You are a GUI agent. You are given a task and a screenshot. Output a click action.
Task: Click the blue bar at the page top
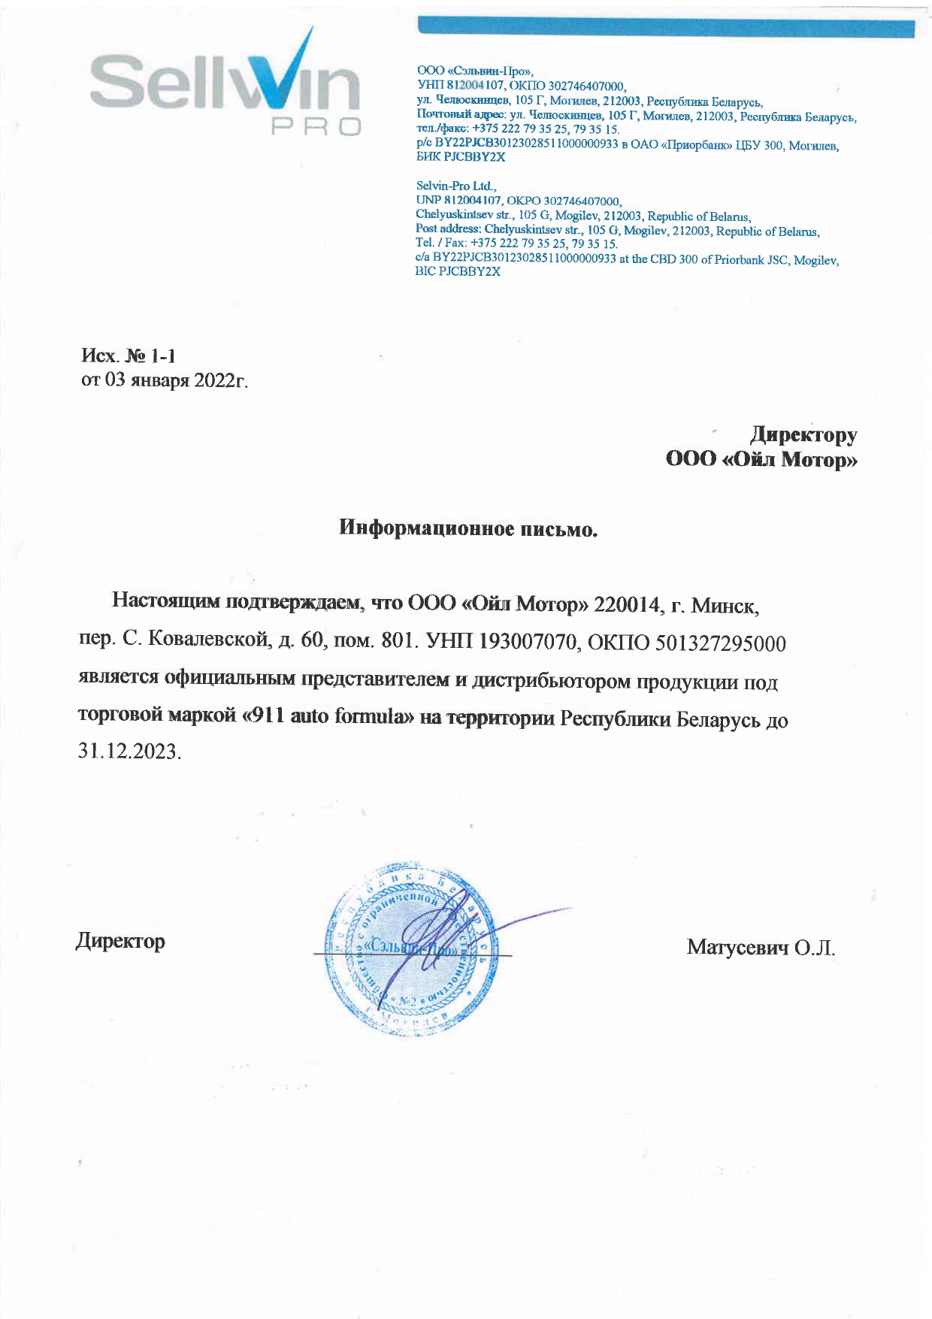click(x=665, y=29)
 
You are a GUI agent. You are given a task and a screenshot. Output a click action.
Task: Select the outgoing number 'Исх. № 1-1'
click(x=128, y=355)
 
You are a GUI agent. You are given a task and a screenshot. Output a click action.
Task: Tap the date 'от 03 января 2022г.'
click(x=165, y=380)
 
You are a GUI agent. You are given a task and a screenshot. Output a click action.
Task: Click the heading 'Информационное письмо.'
click(x=468, y=528)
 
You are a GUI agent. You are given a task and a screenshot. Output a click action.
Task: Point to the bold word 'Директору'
click(x=803, y=434)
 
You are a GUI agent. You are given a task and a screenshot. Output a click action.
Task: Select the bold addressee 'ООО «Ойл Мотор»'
click(x=761, y=459)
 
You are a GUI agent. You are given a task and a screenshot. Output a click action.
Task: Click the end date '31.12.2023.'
click(x=129, y=752)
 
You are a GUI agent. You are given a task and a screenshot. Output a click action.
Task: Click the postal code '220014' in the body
click(x=625, y=604)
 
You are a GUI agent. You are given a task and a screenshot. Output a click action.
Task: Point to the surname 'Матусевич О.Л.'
click(x=761, y=947)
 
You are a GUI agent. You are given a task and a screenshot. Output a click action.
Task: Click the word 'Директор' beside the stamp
click(x=120, y=941)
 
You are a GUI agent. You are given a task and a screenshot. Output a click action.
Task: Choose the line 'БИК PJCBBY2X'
click(x=460, y=158)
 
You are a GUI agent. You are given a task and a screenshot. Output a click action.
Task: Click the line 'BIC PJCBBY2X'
click(x=458, y=271)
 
